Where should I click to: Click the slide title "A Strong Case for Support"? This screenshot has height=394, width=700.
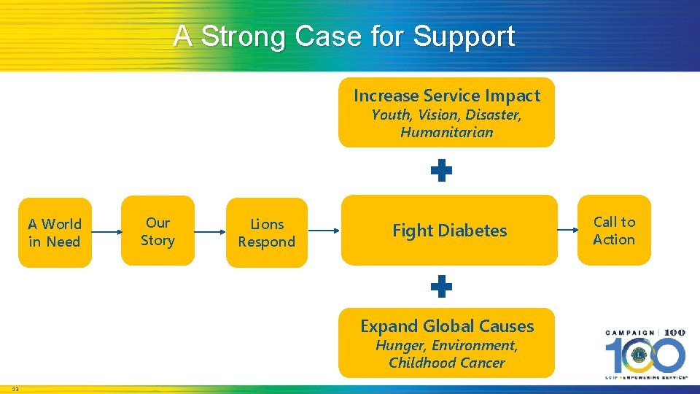point(344,36)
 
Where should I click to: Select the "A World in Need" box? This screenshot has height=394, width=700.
point(55,233)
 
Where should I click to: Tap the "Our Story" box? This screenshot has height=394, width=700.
point(157,231)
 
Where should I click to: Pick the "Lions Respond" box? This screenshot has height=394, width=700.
point(267,233)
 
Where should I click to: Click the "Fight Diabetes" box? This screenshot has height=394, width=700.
point(449,231)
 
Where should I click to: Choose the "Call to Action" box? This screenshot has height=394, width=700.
point(614,231)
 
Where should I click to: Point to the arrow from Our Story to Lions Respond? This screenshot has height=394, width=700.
point(211,232)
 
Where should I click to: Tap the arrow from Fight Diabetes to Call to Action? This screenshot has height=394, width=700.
point(567,231)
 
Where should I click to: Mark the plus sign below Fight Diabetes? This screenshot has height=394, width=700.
point(441,287)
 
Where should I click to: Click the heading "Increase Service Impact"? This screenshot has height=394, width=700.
point(447,96)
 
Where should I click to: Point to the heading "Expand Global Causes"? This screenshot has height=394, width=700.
point(447,326)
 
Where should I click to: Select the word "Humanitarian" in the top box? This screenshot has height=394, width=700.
point(447,133)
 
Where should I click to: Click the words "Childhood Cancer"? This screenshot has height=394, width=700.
point(447,363)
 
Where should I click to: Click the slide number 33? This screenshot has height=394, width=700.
point(15,389)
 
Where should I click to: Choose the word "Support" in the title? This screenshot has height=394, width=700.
point(464,36)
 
